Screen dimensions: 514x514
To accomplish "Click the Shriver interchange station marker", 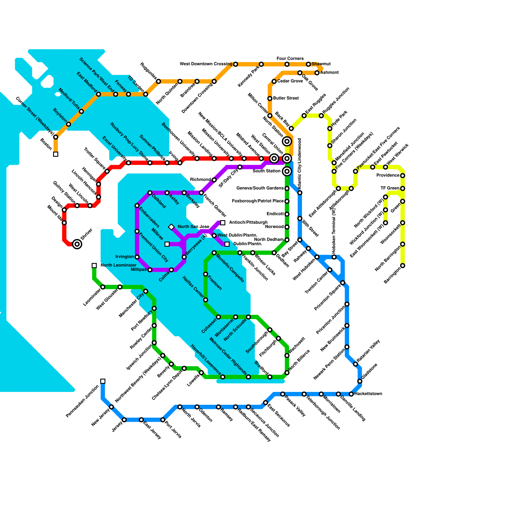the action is tap(77, 244).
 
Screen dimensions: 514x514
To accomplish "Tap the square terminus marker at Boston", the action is tap(56, 154).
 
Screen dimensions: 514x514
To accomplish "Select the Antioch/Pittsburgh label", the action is tap(248, 222).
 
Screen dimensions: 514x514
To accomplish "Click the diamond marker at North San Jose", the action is tap(172, 227).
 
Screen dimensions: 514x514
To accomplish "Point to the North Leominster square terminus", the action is tap(94, 265).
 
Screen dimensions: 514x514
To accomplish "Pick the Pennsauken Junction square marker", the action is tap(103, 381).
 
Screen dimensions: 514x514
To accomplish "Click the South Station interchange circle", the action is tap(287, 171).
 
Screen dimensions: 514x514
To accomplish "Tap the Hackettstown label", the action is tap(368, 394).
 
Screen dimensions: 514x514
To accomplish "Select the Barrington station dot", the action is tap(403, 266).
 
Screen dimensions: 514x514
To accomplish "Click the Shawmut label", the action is tap(321, 64).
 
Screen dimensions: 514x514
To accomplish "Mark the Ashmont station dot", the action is tap(317, 73).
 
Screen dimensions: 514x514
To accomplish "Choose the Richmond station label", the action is tap(200, 180).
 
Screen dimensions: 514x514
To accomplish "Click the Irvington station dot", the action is tap(137, 257).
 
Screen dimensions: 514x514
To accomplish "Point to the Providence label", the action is tap(388, 175).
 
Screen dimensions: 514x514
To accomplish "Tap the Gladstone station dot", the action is tap(360, 381).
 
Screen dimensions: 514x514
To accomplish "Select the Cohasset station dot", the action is tap(218, 317).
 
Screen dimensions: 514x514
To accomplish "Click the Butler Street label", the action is tap(286, 98).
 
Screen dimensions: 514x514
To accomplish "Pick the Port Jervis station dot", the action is tap(163, 420).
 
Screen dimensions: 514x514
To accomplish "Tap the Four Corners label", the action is tap(290, 58).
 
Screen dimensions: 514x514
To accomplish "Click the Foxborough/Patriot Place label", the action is tap(258, 201).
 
